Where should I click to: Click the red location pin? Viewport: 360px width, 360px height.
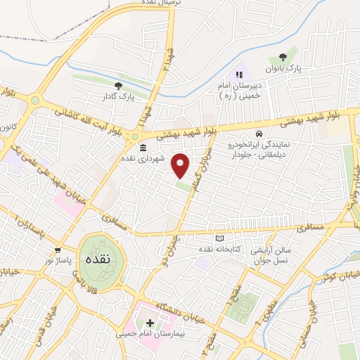[181, 165]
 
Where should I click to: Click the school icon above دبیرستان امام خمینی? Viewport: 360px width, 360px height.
[240, 74]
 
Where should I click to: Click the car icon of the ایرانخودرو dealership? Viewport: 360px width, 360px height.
[259, 134]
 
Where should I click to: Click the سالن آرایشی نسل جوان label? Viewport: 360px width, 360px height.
[278, 254]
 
